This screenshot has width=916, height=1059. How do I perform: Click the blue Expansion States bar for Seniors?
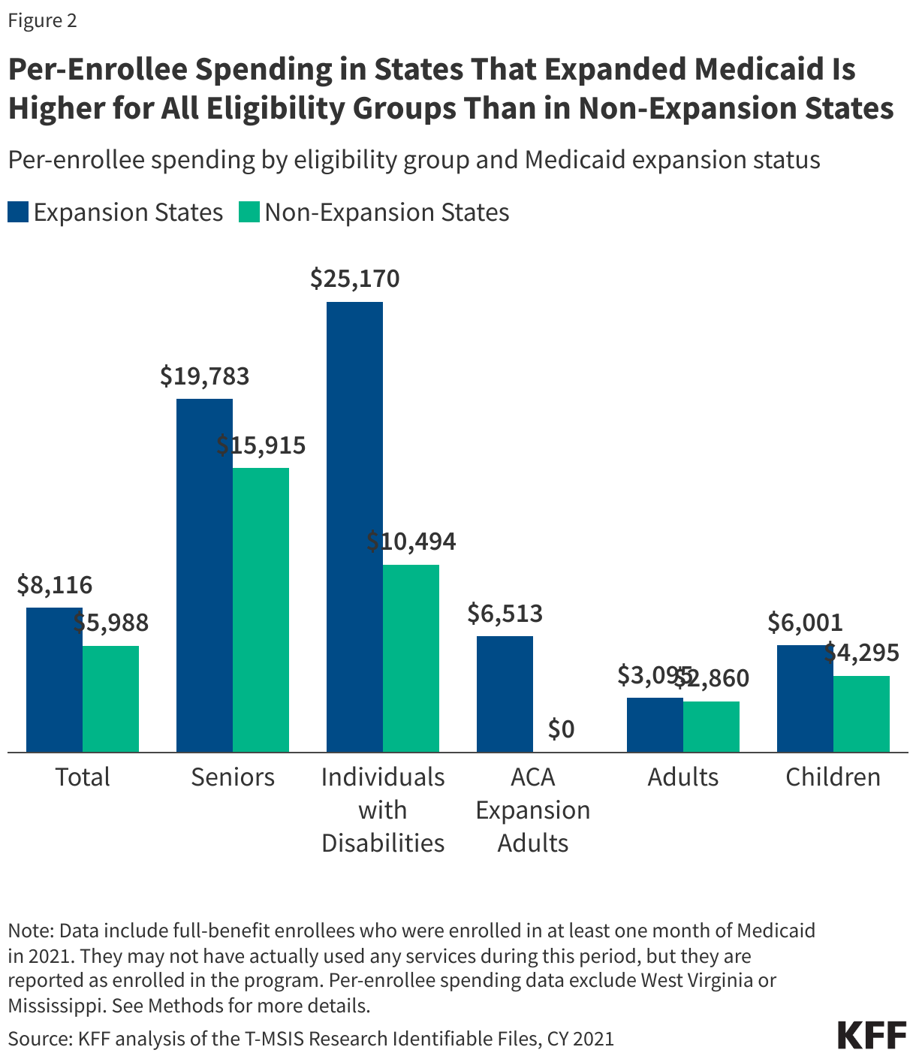[x=204, y=575]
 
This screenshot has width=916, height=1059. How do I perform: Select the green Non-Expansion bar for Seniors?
[x=261, y=609]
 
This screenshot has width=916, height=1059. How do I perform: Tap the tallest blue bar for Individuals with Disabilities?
[x=354, y=526]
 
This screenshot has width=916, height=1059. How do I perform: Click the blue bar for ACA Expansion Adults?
[x=505, y=693]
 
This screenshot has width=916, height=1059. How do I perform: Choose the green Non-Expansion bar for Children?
[x=861, y=714]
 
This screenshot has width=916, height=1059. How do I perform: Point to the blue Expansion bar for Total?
[x=54, y=679]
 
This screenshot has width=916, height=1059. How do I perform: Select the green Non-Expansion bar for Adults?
[x=711, y=726]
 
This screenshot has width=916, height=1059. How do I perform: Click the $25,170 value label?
[x=355, y=279]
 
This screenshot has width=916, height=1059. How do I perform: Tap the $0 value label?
[x=561, y=729]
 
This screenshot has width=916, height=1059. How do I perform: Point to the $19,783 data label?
[x=205, y=376]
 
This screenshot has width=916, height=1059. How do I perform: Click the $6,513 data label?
[x=505, y=614]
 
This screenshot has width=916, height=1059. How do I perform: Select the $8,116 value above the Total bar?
[x=55, y=585]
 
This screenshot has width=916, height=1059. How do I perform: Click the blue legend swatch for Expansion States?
[x=18, y=212]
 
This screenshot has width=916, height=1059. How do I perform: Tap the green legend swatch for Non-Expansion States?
[x=249, y=212]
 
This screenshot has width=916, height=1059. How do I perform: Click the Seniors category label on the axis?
[x=233, y=777]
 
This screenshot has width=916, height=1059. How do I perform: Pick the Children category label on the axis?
[x=833, y=777]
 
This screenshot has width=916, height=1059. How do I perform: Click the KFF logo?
[x=872, y=1035]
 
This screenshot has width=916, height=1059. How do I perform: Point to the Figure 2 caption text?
[x=42, y=20]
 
